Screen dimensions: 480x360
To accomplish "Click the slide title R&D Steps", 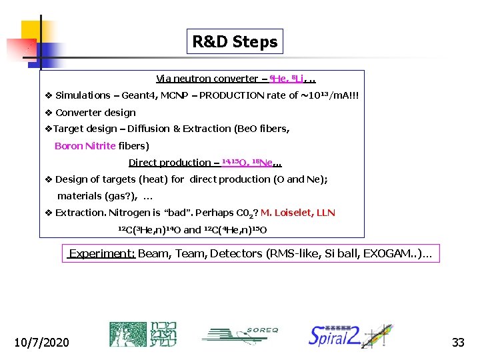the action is click(235, 42).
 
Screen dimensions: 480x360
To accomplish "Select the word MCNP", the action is click(173, 95).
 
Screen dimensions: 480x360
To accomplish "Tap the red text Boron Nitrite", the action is click(85, 145).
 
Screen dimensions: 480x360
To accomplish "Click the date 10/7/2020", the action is click(41, 342).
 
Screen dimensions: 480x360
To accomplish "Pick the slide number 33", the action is click(458, 342).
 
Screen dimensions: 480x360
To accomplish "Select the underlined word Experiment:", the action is click(103, 253).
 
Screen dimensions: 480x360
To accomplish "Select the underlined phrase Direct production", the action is click(169, 163).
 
